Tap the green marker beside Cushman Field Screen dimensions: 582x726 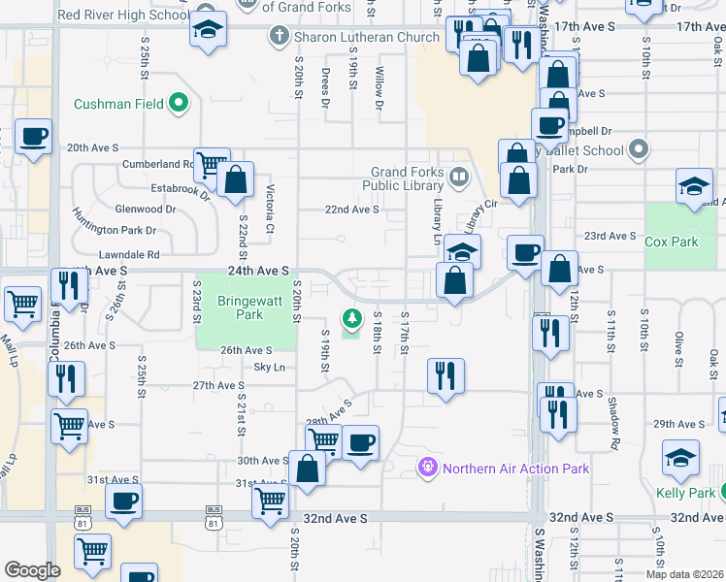pos(179,102)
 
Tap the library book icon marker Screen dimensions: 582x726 pos(458,178)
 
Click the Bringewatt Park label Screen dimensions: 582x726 pos(249,307)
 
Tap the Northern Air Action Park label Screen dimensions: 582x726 pos(515,469)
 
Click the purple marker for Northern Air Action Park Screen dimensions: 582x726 pos(427,469)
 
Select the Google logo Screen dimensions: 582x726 pos(32,570)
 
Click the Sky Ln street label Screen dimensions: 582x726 pos(269,368)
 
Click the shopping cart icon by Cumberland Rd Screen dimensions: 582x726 pos(211,164)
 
